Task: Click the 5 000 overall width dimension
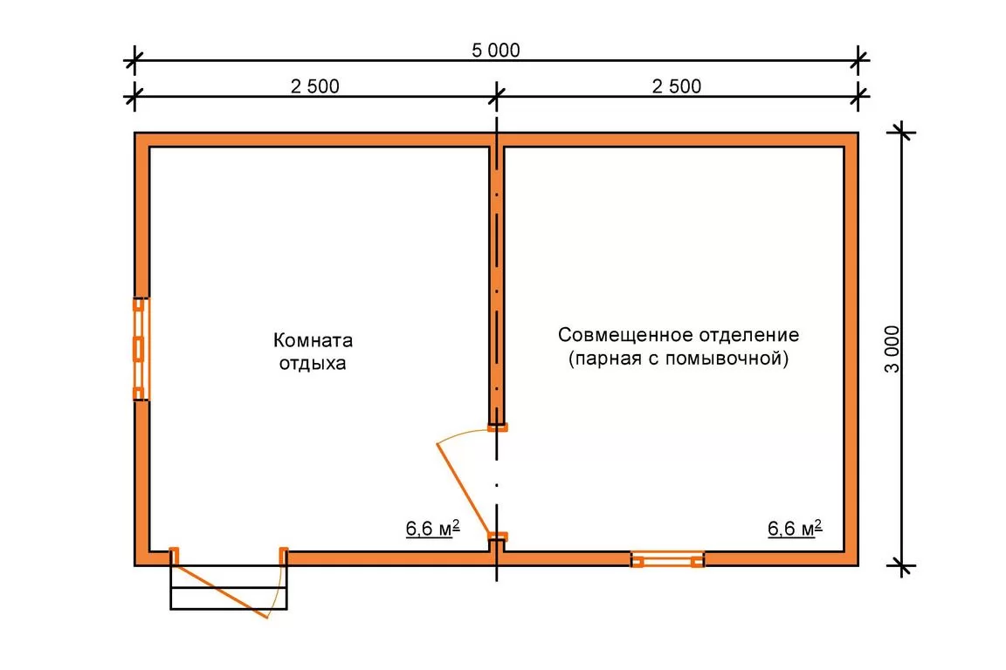(x=495, y=50)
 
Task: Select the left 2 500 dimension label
(x=314, y=85)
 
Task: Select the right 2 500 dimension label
(x=676, y=85)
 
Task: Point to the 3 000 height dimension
(x=892, y=350)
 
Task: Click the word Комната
(x=314, y=340)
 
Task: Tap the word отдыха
(x=313, y=364)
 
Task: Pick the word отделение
(x=749, y=335)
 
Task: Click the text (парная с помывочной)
(x=679, y=358)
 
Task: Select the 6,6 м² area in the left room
(x=432, y=529)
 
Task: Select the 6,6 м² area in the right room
(x=795, y=529)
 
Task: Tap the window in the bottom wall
(x=667, y=559)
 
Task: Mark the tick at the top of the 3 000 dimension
(x=901, y=133)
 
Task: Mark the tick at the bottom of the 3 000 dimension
(x=901, y=566)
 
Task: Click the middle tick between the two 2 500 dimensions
(x=496, y=97)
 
